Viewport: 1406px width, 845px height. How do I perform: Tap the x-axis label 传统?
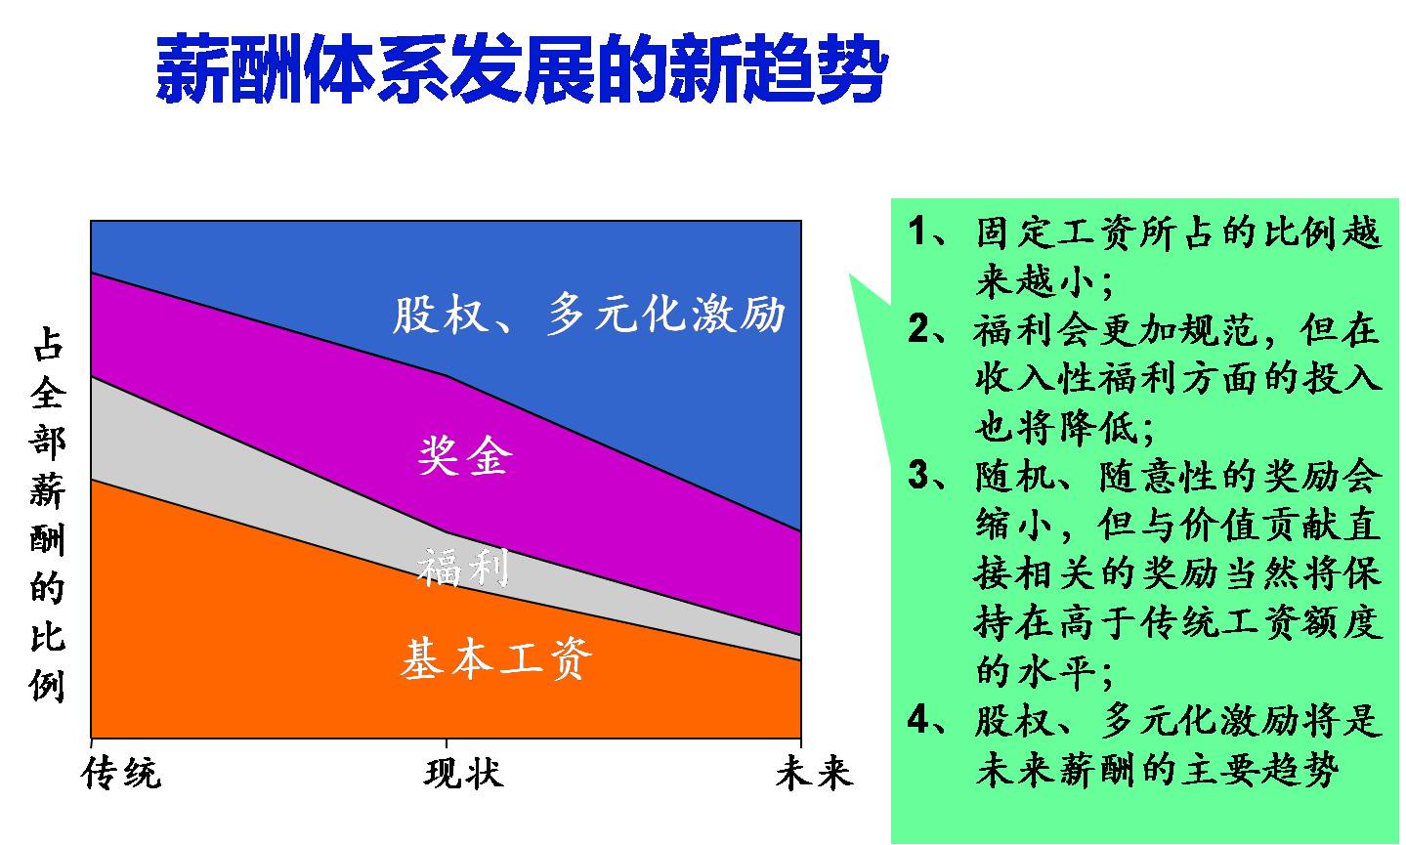coord(122,774)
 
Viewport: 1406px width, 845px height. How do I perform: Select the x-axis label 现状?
coord(464,774)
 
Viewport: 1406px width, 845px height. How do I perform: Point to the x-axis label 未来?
coord(814,774)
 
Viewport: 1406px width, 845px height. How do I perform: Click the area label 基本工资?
coord(495,659)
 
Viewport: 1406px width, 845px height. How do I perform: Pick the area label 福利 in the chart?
coord(463,567)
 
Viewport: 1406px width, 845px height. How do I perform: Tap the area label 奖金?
coord(464,455)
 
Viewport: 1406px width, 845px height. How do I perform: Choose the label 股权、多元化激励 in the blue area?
coord(589,315)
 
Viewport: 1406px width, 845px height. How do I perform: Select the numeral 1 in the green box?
coord(917,232)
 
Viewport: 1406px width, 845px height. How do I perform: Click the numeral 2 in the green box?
coord(917,330)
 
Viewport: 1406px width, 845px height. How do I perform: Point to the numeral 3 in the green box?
coord(917,476)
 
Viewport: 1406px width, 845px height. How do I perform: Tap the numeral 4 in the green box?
coord(917,720)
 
